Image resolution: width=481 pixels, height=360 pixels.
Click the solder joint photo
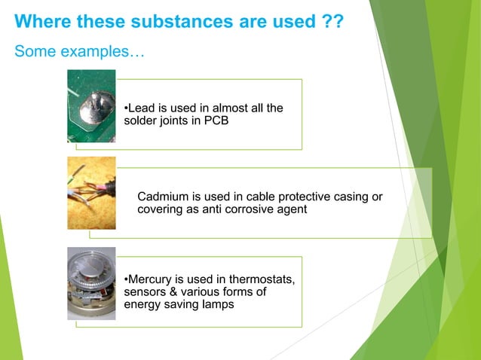(x=91, y=106)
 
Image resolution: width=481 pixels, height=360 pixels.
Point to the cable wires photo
(x=91, y=193)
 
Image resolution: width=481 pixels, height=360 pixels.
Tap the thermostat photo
(x=91, y=283)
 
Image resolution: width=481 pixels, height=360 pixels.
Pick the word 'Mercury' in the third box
(x=149, y=279)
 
